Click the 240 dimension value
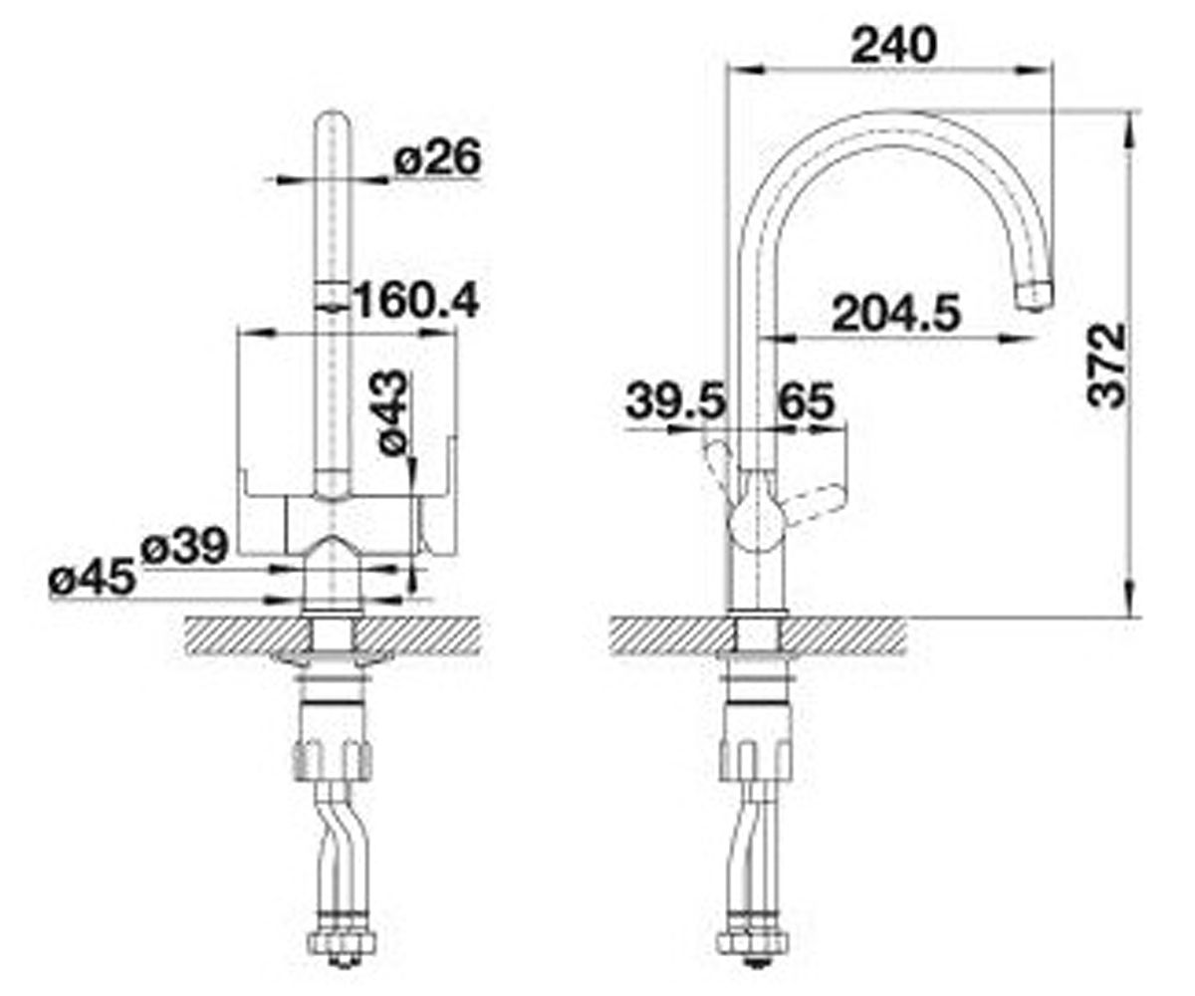(893, 45)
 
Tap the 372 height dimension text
(1106, 366)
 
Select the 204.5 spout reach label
(895, 314)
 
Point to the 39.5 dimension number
(675, 401)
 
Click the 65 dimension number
(807, 401)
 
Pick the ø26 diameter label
(438, 157)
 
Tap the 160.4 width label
(416, 302)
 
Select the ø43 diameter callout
(393, 412)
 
